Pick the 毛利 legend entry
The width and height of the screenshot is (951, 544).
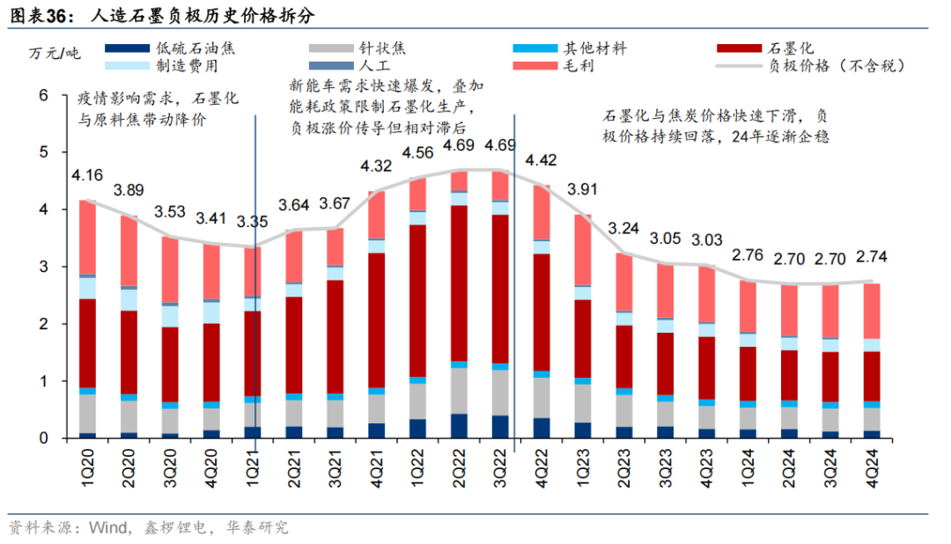pyautogui.click(x=577, y=65)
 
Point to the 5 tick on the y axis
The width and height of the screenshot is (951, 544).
pyautogui.click(x=43, y=152)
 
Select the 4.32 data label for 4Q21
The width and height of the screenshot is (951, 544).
pyautogui.click(x=376, y=165)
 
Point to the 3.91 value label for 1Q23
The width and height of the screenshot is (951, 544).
pyautogui.click(x=582, y=188)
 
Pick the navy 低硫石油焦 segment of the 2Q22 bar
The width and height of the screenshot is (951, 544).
pyautogui.click(x=459, y=426)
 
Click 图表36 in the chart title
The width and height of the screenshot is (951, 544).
pyautogui.click(x=40, y=15)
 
